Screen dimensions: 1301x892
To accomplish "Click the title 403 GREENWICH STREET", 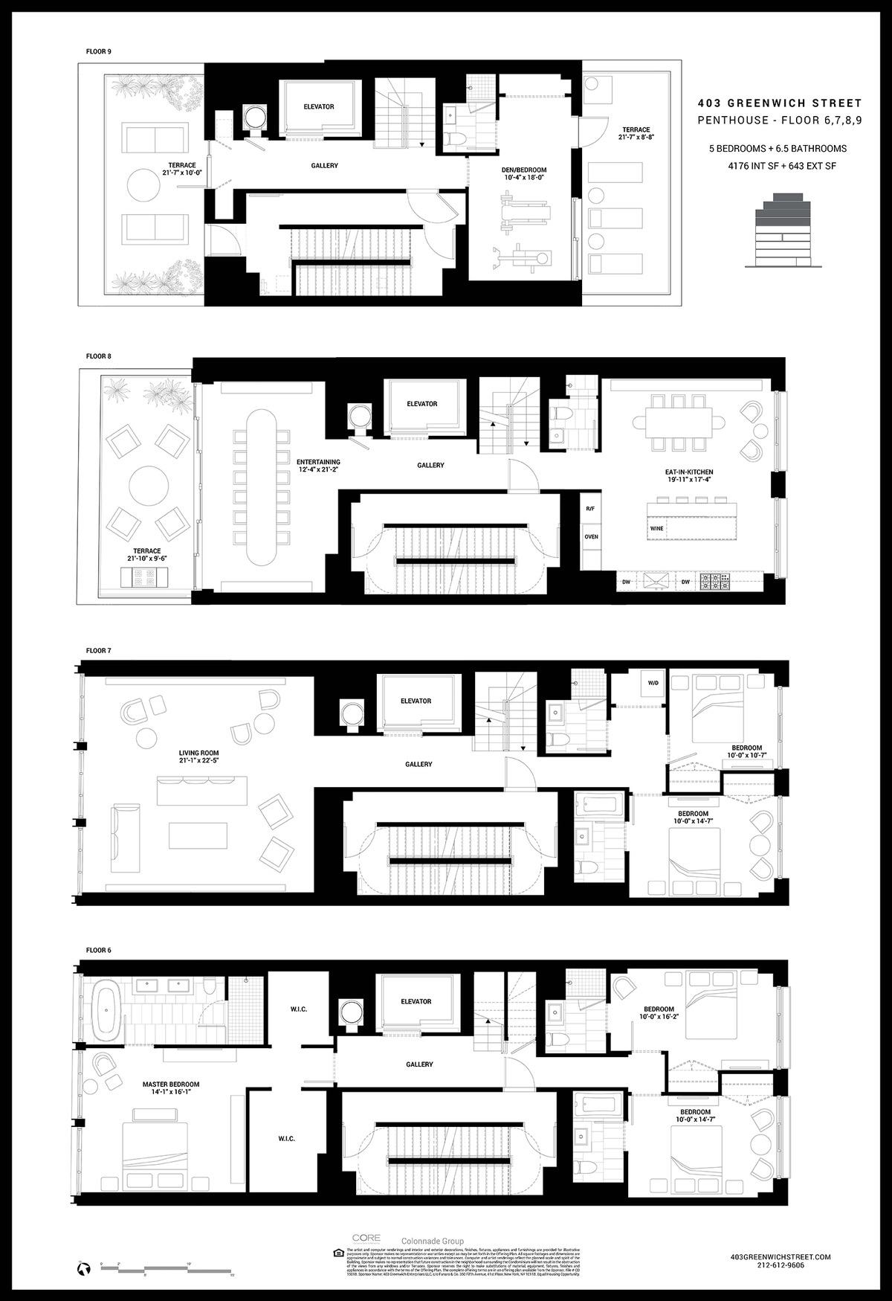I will (x=779, y=103).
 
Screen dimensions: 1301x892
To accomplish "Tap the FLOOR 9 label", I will (x=98, y=52).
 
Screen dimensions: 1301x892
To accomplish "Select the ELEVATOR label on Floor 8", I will (x=421, y=404).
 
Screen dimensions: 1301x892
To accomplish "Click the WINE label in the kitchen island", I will (x=656, y=528).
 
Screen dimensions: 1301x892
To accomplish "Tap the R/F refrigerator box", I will (x=591, y=510).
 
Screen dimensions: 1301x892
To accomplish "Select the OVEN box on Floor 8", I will (x=591, y=536).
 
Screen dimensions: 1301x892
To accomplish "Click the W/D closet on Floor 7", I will (x=653, y=683).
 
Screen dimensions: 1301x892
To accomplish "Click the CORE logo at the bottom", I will (x=366, y=1239).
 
